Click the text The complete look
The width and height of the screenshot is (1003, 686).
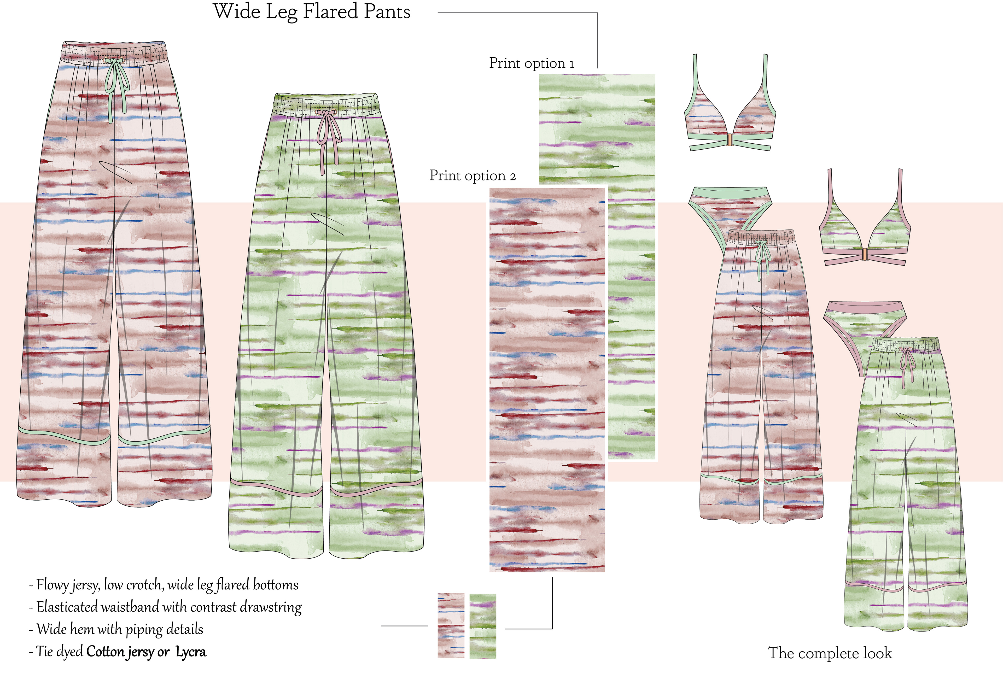click(x=830, y=653)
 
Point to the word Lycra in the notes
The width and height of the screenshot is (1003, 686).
click(x=190, y=652)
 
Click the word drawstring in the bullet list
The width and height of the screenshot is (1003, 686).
click(x=271, y=607)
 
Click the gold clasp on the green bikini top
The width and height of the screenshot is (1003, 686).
click(x=865, y=255)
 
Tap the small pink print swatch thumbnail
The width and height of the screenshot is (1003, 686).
click(x=451, y=626)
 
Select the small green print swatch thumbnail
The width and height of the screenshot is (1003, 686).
click(x=482, y=626)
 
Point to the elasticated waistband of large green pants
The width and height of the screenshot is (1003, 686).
click(x=327, y=103)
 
